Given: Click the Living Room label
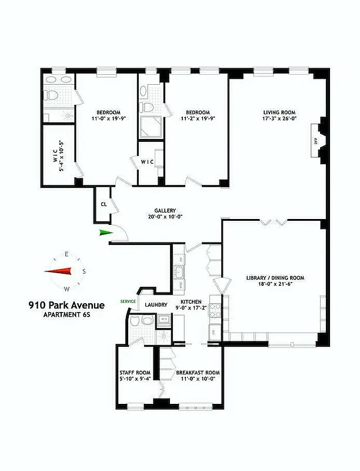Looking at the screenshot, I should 279,112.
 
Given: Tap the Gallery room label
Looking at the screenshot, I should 165,211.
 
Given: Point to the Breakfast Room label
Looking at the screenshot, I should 198,373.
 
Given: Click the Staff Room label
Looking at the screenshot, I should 135,373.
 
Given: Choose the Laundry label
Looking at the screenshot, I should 157,305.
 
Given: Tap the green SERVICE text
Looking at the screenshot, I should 128,301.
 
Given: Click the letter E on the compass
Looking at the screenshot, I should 66,254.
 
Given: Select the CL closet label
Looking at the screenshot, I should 104,205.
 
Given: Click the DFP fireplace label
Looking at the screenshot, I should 315,142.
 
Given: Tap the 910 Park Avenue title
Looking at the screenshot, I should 66,305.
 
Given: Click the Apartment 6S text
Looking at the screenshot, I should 66,315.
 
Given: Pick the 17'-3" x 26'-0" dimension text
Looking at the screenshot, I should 279,120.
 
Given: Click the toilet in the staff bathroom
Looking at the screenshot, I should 135,322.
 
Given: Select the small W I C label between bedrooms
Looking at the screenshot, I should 147,161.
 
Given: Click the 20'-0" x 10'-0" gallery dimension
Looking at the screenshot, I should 165,217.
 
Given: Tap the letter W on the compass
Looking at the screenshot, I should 66,288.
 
